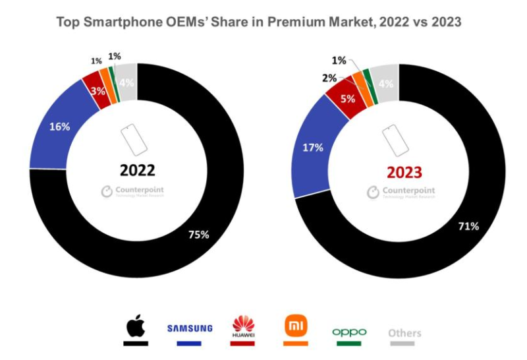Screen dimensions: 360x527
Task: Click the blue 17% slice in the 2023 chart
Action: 313,148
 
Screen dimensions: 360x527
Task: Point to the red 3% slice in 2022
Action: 97,91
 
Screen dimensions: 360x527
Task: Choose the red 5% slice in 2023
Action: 347,100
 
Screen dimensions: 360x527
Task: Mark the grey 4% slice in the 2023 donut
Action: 385,82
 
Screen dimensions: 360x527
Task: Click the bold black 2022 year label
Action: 137,171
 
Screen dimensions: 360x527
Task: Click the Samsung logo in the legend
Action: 190,328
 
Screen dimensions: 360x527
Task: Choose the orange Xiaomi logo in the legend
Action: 294,325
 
